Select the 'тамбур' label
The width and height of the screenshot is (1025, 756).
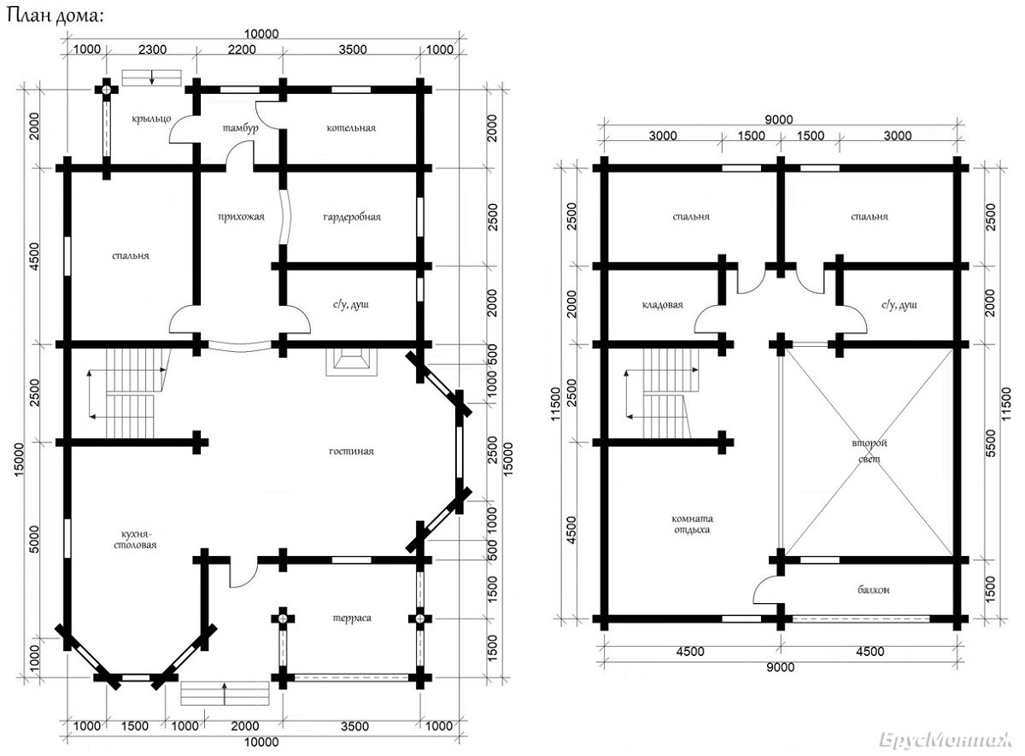[x=239, y=128]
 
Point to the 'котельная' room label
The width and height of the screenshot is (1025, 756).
[x=351, y=128]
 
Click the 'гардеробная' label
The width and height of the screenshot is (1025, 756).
[x=351, y=217]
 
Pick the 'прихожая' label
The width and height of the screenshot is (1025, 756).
[x=242, y=217]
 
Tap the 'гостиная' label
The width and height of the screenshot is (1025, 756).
[x=351, y=451]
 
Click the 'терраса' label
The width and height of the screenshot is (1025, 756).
[x=351, y=618]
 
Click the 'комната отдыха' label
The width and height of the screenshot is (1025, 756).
[x=693, y=524]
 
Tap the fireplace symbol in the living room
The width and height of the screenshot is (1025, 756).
[x=351, y=363]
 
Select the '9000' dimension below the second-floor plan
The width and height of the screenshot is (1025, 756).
[x=780, y=667]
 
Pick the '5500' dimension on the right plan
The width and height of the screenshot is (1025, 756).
[x=991, y=451]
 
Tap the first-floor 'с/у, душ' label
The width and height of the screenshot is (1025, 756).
[x=351, y=305]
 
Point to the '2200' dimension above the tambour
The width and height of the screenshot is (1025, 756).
[x=241, y=50]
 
